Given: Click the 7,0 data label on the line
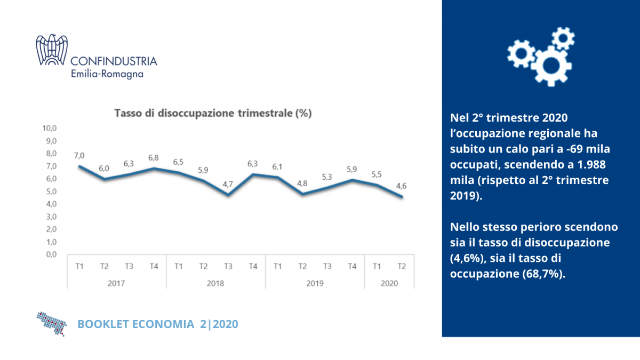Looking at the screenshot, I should pos(79,156).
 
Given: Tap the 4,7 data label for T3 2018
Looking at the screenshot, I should pos(228,185).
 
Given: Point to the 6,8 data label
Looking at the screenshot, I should pos(154,158).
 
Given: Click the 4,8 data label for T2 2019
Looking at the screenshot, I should pos(302,183).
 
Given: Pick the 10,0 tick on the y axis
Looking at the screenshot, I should pos(50,129).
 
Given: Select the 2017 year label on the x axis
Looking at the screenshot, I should pos(116,283).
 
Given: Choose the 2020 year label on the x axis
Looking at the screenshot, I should pos(389,283).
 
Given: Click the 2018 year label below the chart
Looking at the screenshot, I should pos(215,283).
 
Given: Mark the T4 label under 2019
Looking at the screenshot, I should pos(351,267).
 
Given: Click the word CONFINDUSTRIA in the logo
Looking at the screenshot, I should pos(114,61).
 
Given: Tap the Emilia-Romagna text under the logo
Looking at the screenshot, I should pos(107,74).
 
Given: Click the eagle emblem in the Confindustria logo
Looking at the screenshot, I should pos(52,51).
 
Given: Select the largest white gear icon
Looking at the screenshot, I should pos(551,66).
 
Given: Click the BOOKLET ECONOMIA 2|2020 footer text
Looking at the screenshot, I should pos(158,324).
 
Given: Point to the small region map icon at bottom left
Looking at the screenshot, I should pos(52,323).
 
